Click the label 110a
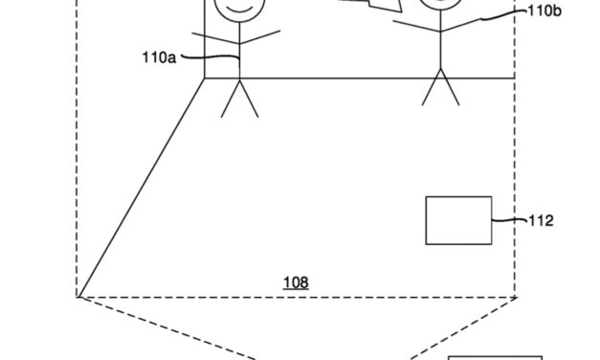click(157, 58)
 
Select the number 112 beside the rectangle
click(541, 220)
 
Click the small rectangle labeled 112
click(458, 220)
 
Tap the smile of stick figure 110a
click(235, 14)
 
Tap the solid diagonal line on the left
click(142, 187)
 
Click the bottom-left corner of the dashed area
click(78, 296)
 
